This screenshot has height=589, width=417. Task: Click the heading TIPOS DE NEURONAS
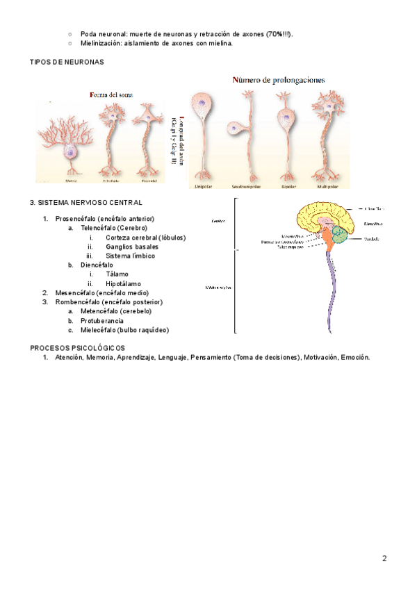tap(67, 62)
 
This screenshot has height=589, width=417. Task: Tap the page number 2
tap(384, 558)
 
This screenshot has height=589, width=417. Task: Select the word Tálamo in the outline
tap(118, 274)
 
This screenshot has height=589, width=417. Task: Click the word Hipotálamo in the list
tap(123, 284)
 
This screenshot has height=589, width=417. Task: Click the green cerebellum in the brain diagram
tap(341, 235)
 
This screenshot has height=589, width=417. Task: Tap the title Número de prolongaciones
tap(278, 80)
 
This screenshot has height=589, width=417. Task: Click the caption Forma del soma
tap(112, 94)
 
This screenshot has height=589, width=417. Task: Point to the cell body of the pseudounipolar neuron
tap(236, 129)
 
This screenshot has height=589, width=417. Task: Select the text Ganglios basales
tap(132, 247)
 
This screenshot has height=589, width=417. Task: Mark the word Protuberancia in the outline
tap(104, 321)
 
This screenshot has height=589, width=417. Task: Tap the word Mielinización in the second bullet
tap(101, 43)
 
